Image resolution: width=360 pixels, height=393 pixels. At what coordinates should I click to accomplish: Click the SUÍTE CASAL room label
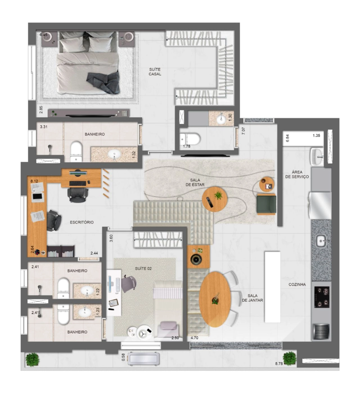(155, 72)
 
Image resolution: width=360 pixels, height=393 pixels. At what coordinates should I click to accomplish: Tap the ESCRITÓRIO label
(82, 222)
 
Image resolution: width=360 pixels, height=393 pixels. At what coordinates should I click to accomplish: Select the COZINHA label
(297, 284)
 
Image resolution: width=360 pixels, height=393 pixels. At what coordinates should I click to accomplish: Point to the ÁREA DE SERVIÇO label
(297, 174)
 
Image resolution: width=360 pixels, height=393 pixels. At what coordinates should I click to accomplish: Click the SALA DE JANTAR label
(253, 298)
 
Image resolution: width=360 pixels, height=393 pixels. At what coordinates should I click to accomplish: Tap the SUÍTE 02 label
(143, 268)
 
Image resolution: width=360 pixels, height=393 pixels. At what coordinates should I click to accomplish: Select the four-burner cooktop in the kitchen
(322, 297)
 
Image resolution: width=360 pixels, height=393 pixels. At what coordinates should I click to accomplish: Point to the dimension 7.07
(243, 131)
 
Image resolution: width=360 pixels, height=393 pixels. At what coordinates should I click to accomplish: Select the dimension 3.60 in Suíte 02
(111, 238)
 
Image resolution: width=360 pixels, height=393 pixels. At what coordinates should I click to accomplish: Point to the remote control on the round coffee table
(209, 202)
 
